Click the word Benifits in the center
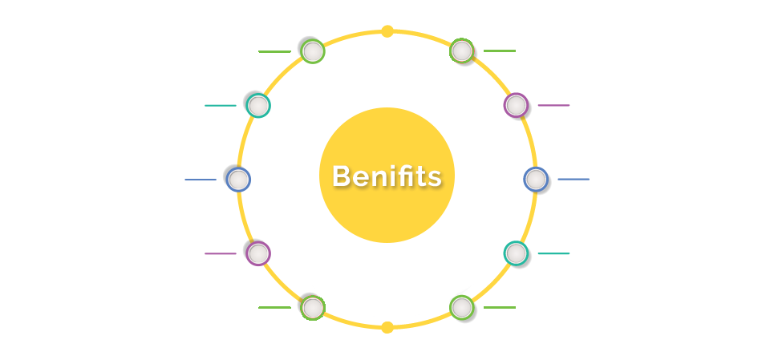click(x=387, y=176)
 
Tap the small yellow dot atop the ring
click(x=387, y=31)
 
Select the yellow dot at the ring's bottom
click(x=387, y=327)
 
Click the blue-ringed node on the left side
click(x=238, y=180)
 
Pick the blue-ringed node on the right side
click(x=536, y=180)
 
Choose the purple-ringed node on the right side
click(x=516, y=105)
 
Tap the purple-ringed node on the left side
click(x=258, y=253)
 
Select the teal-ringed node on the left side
click(x=258, y=105)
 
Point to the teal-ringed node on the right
click(x=516, y=253)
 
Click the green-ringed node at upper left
click(x=313, y=51)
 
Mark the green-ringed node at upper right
click(x=462, y=51)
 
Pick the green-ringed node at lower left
click(x=313, y=308)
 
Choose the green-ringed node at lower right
click(x=462, y=308)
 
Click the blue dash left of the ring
click(x=201, y=180)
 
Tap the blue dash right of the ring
click(x=574, y=180)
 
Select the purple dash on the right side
click(x=553, y=105)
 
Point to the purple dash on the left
click(x=221, y=253)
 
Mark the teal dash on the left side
click(x=221, y=105)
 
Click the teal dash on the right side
click(x=553, y=253)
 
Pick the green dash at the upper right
click(x=500, y=51)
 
